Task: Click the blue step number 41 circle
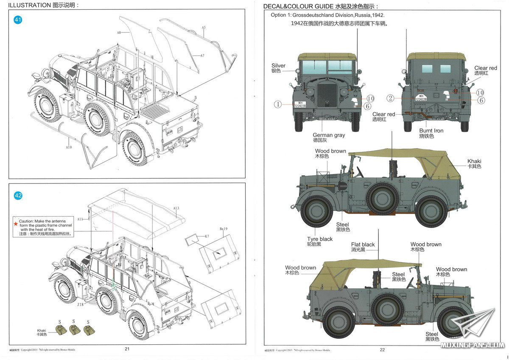point(18,20)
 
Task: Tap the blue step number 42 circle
point(18,196)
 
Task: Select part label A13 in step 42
point(176,208)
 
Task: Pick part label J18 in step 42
point(80,304)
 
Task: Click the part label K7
point(207,236)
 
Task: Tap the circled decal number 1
point(278,104)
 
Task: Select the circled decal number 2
point(391,98)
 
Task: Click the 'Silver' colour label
point(278,66)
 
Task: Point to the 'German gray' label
point(329,135)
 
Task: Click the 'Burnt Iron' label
point(431,131)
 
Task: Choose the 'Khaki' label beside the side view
point(474,161)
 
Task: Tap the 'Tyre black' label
point(320,239)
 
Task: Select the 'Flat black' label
point(363,245)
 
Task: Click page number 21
point(127,349)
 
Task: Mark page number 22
point(382,350)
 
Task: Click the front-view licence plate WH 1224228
point(300,104)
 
